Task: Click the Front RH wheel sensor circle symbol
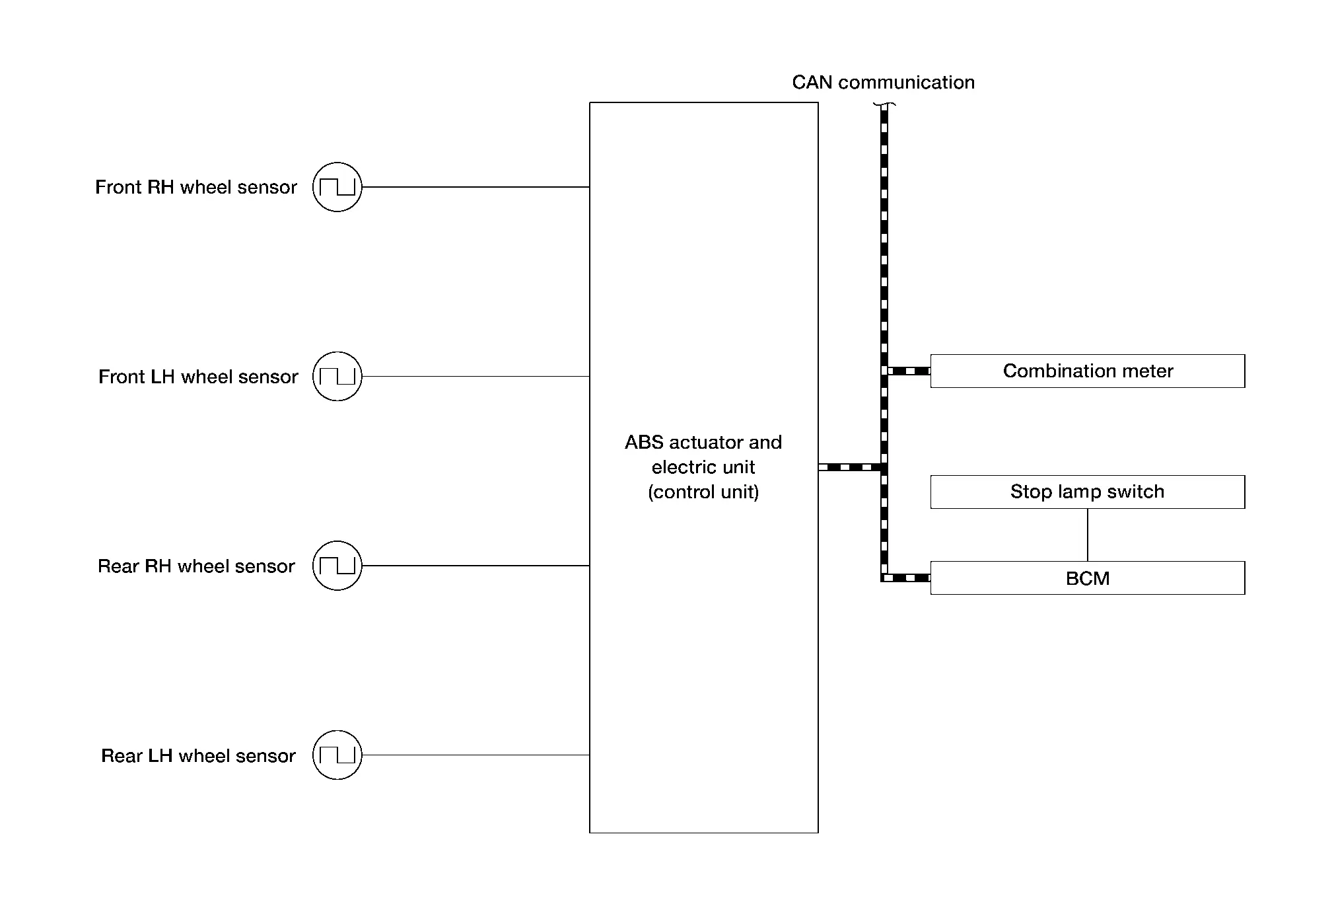click(337, 187)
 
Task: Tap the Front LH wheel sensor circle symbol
click(337, 376)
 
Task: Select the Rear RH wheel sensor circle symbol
click(337, 566)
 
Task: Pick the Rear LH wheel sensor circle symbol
click(337, 755)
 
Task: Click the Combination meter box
click(1087, 371)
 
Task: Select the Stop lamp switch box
click(1087, 492)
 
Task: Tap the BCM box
click(1087, 578)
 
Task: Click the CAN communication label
click(883, 82)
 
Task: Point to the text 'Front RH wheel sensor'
click(196, 187)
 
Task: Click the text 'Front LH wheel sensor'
click(198, 377)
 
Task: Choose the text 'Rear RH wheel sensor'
click(196, 566)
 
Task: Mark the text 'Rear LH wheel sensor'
click(198, 755)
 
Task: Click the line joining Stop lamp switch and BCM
click(1087, 535)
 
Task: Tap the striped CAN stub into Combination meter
click(909, 371)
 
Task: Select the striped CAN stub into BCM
click(909, 578)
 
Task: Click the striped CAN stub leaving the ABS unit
click(850, 467)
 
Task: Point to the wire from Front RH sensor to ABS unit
click(475, 187)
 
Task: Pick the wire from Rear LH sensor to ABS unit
click(475, 755)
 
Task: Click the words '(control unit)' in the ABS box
click(703, 492)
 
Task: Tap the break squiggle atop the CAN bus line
click(884, 104)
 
